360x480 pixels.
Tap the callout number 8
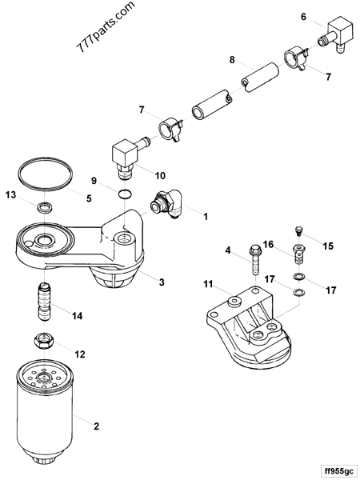(232, 60)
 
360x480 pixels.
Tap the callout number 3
(162, 282)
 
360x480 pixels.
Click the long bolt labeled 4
(254, 259)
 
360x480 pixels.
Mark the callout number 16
(269, 244)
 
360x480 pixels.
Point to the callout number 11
(207, 285)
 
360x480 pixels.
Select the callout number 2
(96, 428)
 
